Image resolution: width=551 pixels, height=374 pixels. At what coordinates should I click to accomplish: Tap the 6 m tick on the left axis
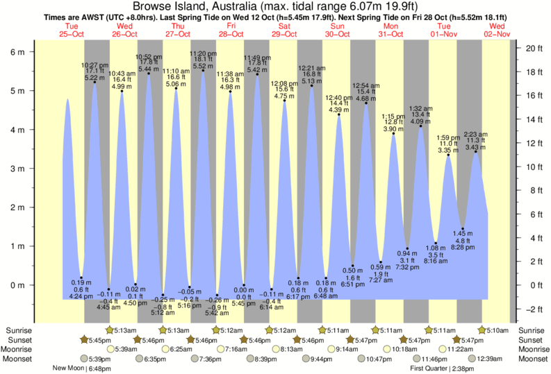pyautogui.click(x=19, y=52)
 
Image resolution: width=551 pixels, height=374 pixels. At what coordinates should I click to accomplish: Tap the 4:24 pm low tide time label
pyautogui.click(x=81, y=296)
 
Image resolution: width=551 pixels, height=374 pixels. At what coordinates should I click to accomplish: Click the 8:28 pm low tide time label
pyautogui.click(x=463, y=247)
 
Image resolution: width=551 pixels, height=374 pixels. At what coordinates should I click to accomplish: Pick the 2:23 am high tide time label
pyautogui.click(x=476, y=135)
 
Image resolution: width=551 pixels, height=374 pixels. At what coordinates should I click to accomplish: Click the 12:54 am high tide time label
pyautogui.click(x=366, y=85)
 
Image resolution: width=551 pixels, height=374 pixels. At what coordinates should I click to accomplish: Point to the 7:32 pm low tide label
pyautogui.click(x=408, y=266)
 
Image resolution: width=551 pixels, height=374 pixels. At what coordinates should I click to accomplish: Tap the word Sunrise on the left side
pyautogui.click(x=17, y=330)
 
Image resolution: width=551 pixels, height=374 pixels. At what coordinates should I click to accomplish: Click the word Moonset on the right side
pyautogui.click(x=532, y=359)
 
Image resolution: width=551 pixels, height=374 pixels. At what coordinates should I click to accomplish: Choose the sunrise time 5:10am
pyautogui.click(x=495, y=330)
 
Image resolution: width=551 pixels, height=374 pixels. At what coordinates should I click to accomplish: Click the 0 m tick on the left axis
pyautogui.click(x=19, y=284)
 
